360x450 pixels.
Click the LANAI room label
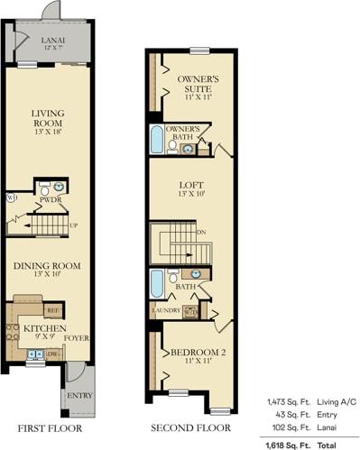[x=53, y=41]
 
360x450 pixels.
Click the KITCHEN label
[x=39, y=328]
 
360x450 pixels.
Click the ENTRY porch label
[x=79, y=395]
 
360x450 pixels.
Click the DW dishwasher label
[x=51, y=354]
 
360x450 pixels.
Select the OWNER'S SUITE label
[x=199, y=84]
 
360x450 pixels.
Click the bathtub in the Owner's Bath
[x=158, y=140]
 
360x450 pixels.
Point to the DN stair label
[x=202, y=233]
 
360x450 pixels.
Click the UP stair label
[x=73, y=225]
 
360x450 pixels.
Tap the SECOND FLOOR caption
[x=190, y=428]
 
